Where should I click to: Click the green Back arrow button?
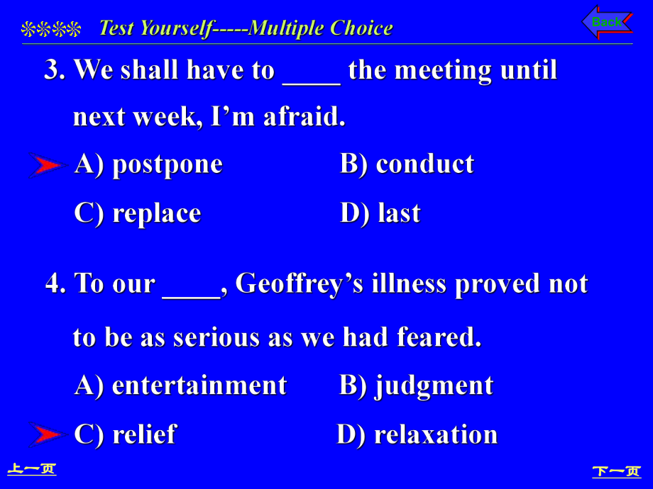point(607,22)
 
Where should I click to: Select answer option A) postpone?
point(148,164)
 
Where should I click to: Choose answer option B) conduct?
point(407,164)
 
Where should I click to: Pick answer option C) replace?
point(138,214)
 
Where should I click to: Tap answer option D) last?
point(380,213)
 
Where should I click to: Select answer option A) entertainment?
point(181,386)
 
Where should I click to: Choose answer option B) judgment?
point(416,386)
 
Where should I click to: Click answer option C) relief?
point(126,434)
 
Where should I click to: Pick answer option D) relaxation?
point(417,434)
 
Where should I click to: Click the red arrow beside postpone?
point(47,166)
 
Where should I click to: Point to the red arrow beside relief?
point(47,434)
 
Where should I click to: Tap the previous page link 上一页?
point(32,469)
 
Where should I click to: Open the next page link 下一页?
point(617,471)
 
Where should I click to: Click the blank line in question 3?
point(312,84)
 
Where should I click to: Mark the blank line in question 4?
point(191,298)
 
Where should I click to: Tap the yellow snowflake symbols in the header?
point(51,29)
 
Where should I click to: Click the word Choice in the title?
point(361,28)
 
